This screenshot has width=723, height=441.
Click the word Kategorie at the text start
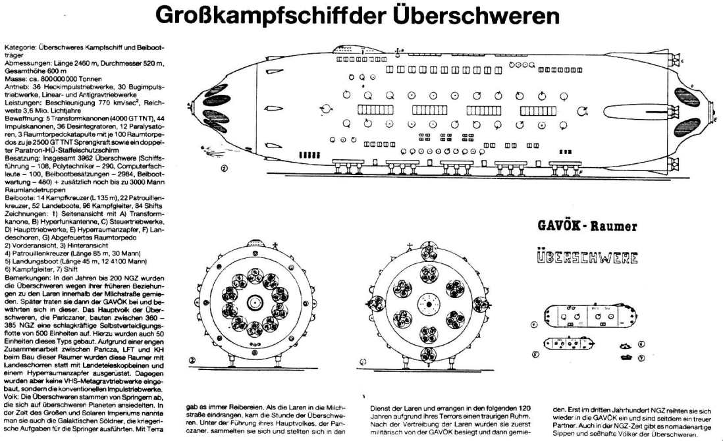point(18,48)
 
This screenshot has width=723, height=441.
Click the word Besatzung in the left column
point(20,159)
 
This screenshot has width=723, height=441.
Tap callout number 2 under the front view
point(191,360)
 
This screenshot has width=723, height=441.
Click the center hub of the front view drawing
point(254,302)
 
